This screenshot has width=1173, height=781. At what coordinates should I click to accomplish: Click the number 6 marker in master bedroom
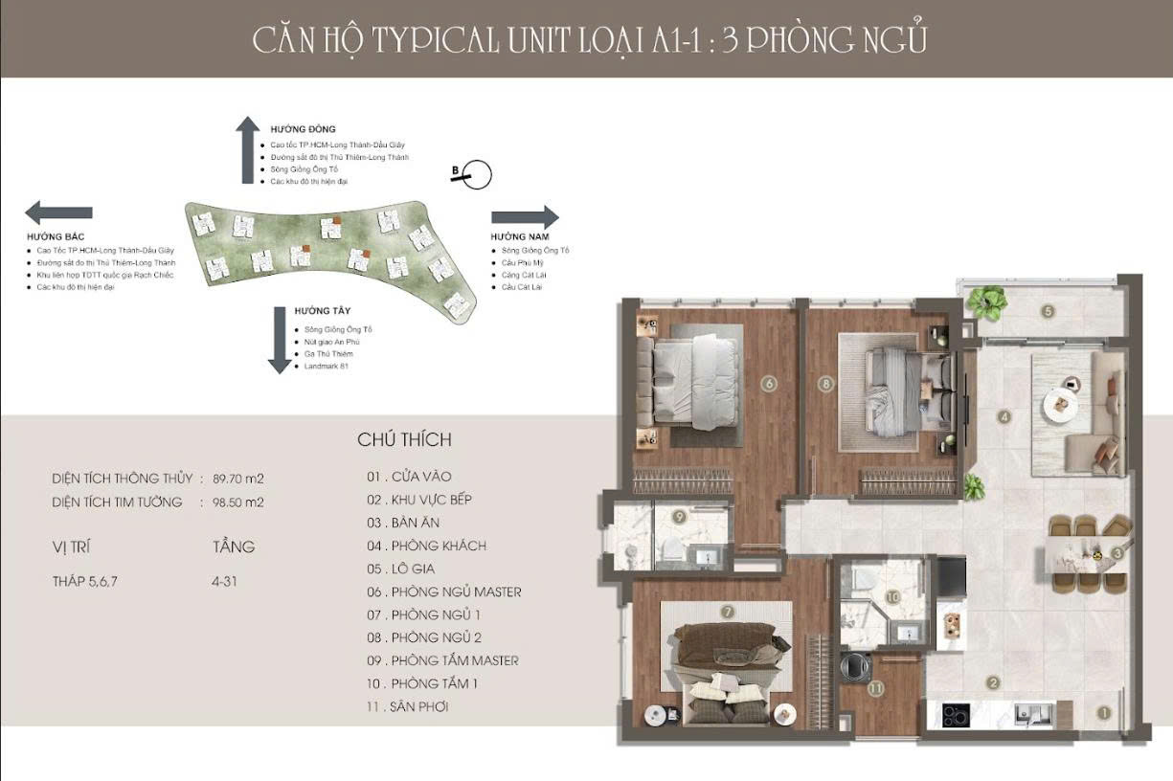point(768,385)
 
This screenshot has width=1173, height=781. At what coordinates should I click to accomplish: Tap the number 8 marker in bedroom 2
point(824,385)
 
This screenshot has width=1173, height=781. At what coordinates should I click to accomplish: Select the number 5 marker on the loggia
point(1048,311)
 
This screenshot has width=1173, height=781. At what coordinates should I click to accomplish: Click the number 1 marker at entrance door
point(1103,712)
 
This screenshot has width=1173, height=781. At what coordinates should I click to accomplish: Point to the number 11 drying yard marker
point(875,688)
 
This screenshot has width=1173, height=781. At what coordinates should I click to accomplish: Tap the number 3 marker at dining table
point(1117,553)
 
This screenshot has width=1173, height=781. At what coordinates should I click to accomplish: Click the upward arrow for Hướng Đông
point(248,149)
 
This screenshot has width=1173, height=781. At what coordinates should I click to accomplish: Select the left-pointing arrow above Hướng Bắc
point(58,212)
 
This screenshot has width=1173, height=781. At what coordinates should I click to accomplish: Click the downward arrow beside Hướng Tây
point(280,340)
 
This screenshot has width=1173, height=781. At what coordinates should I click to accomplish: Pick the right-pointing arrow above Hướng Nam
point(525,217)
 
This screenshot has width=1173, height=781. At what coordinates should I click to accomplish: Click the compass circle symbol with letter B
point(475,174)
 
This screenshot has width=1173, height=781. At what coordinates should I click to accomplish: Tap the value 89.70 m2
point(237,479)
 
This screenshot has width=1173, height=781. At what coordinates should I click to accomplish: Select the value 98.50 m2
point(237,502)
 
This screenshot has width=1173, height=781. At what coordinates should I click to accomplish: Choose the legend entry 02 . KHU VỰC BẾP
point(419,500)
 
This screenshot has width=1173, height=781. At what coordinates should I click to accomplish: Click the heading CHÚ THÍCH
point(404,440)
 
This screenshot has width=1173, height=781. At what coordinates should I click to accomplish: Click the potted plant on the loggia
point(986,302)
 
